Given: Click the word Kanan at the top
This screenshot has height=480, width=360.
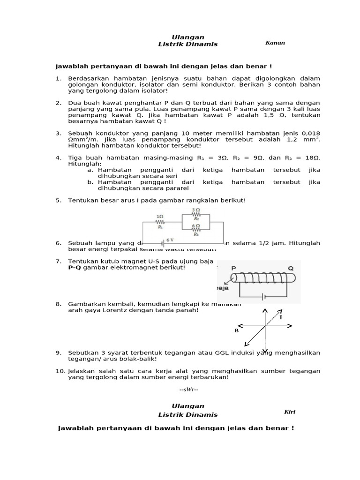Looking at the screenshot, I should click(x=275, y=43).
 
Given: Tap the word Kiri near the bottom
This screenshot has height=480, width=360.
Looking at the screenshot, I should click(x=290, y=412).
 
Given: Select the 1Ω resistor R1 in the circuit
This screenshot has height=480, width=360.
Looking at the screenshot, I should click(x=160, y=221).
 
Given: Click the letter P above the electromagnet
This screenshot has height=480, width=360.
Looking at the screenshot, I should click(x=233, y=269).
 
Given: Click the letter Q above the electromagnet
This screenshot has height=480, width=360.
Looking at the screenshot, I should click(x=291, y=269).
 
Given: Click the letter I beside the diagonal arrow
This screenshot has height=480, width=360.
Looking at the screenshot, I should click(x=281, y=317).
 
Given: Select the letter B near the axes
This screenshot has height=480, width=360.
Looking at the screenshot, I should click(x=237, y=330).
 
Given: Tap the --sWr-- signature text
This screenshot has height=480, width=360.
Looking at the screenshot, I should click(x=189, y=390).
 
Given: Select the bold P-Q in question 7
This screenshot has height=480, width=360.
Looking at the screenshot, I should click(x=75, y=267).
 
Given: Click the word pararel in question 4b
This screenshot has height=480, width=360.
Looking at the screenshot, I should click(x=177, y=188).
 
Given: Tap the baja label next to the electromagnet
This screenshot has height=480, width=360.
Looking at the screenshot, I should click(x=221, y=288).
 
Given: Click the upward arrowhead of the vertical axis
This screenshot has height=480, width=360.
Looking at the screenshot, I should click(x=265, y=311).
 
